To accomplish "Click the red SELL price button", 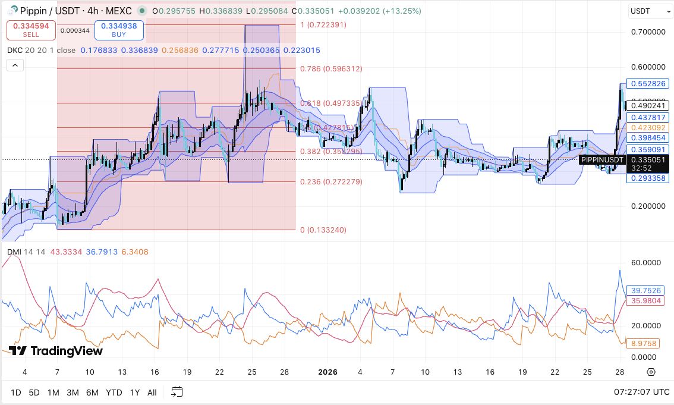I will click(x=32, y=30).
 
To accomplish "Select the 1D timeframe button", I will click(x=16, y=393).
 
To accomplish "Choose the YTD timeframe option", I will click(x=114, y=393).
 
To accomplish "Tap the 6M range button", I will click(x=92, y=393).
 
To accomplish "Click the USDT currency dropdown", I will click(x=650, y=11).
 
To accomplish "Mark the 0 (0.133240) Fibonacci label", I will click(x=323, y=230).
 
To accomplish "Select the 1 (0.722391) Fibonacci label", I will click(x=323, y=25).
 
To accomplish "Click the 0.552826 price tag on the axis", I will click(x=648, y=84).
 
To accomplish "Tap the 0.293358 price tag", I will click(x=648, y=178).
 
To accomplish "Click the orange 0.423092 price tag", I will click(x=648, y=127).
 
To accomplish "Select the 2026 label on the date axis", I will click(x=327, y=372).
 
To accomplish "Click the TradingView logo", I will click(x=56, y=351).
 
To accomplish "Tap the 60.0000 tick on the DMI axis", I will click(x=647, y=262).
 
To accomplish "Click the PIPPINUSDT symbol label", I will click(x=602, y=159).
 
